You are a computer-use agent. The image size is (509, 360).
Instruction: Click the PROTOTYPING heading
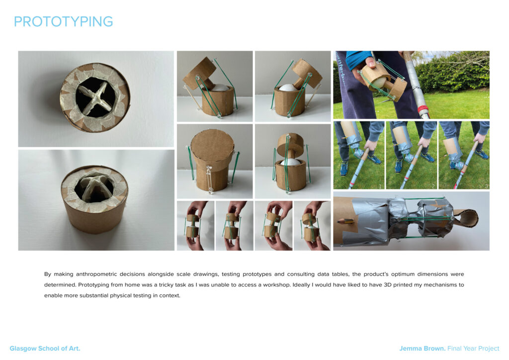tap(63, 21)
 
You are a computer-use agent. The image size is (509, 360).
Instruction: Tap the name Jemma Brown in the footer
tap(422, 348)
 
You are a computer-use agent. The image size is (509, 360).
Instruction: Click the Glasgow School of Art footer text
tap(45, 348)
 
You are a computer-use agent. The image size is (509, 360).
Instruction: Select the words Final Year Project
tap(473, 348)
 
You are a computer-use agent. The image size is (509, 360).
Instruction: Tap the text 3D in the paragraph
tap(388, 285)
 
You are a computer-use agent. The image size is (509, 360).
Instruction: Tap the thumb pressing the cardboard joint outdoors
tap(372, 63)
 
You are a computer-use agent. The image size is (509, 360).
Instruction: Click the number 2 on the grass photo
tap(433, 186)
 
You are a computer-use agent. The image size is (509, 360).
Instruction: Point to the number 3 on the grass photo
tap(486, 186)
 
